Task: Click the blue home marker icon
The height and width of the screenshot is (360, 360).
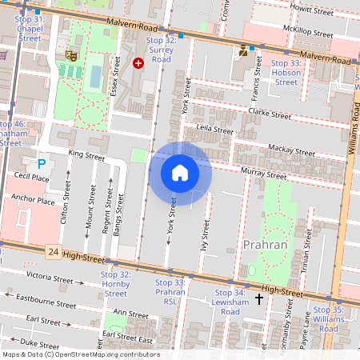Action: [180, 173]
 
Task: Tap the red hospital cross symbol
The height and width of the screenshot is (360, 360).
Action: [138, 62]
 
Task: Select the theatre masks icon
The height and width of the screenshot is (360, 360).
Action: [71, 56]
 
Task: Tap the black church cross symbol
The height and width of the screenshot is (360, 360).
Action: [258, 300]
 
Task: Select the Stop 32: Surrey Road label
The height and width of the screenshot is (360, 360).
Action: [161, 50]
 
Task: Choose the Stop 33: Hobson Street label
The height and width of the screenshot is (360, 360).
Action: [286, 72]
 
